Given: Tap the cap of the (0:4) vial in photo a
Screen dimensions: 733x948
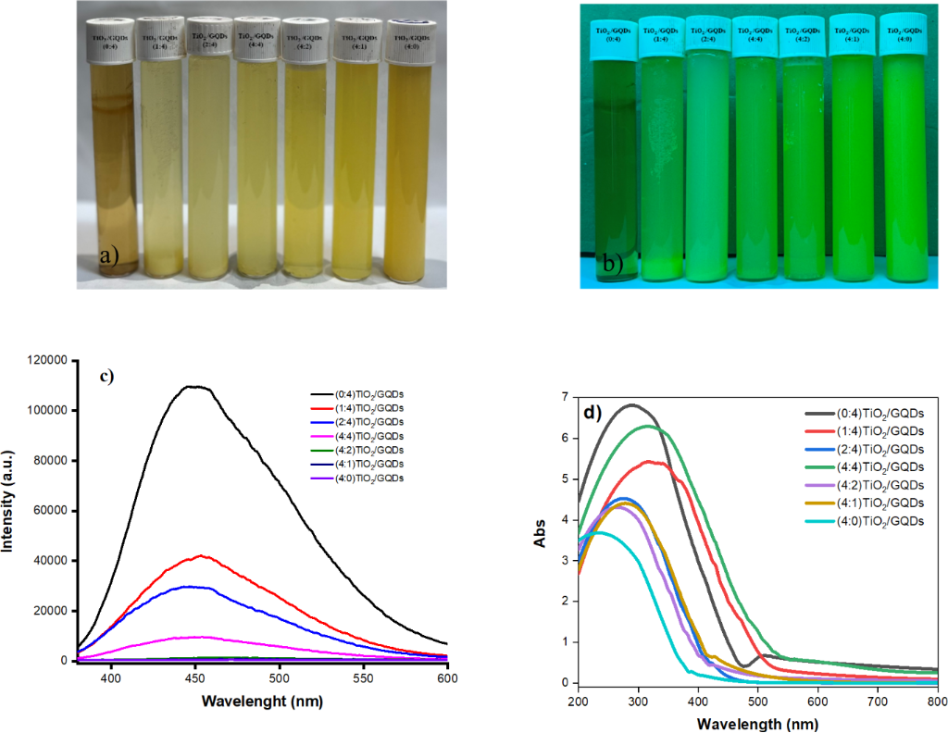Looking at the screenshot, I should click(111, 40).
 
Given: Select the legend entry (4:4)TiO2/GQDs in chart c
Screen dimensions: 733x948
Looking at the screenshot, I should click(357, 435).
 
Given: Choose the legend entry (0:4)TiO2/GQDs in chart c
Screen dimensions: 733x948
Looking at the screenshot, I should click(357, 393).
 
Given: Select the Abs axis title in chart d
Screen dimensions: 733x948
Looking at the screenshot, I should click(539, 540).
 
